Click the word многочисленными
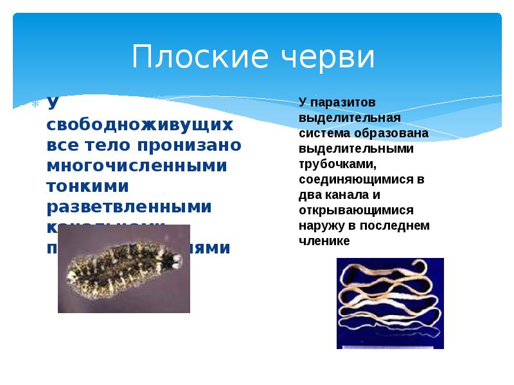(x=137, y=165)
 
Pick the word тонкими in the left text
(x=87, y=186)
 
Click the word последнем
(x=396, y=225)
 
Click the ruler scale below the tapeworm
(x=390, y=345)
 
